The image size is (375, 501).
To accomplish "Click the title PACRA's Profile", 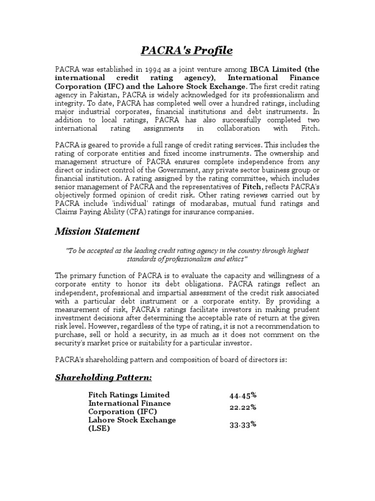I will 187,51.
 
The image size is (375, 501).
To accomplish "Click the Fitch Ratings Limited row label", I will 129,395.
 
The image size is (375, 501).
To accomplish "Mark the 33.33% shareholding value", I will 243,425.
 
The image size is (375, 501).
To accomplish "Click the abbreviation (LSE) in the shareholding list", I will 99,429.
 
